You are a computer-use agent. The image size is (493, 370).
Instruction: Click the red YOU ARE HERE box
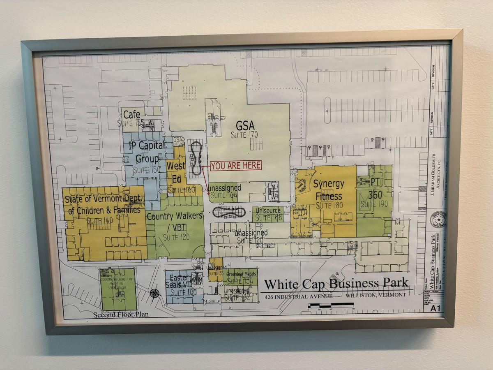click(236, 165)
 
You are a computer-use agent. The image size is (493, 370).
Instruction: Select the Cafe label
click(131, 115)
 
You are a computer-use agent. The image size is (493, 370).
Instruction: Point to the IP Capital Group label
click(147, 152)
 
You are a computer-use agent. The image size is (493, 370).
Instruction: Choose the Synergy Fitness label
click(329, 190)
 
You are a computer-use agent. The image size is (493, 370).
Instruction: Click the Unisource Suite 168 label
click(268, 214)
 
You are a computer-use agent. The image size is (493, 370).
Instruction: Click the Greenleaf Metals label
click(241, 274)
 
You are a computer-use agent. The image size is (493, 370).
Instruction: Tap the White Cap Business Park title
click(336, 284)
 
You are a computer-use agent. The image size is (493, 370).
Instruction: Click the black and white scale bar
click(331, 305)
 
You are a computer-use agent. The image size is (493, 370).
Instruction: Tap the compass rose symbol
click(155, 293)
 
